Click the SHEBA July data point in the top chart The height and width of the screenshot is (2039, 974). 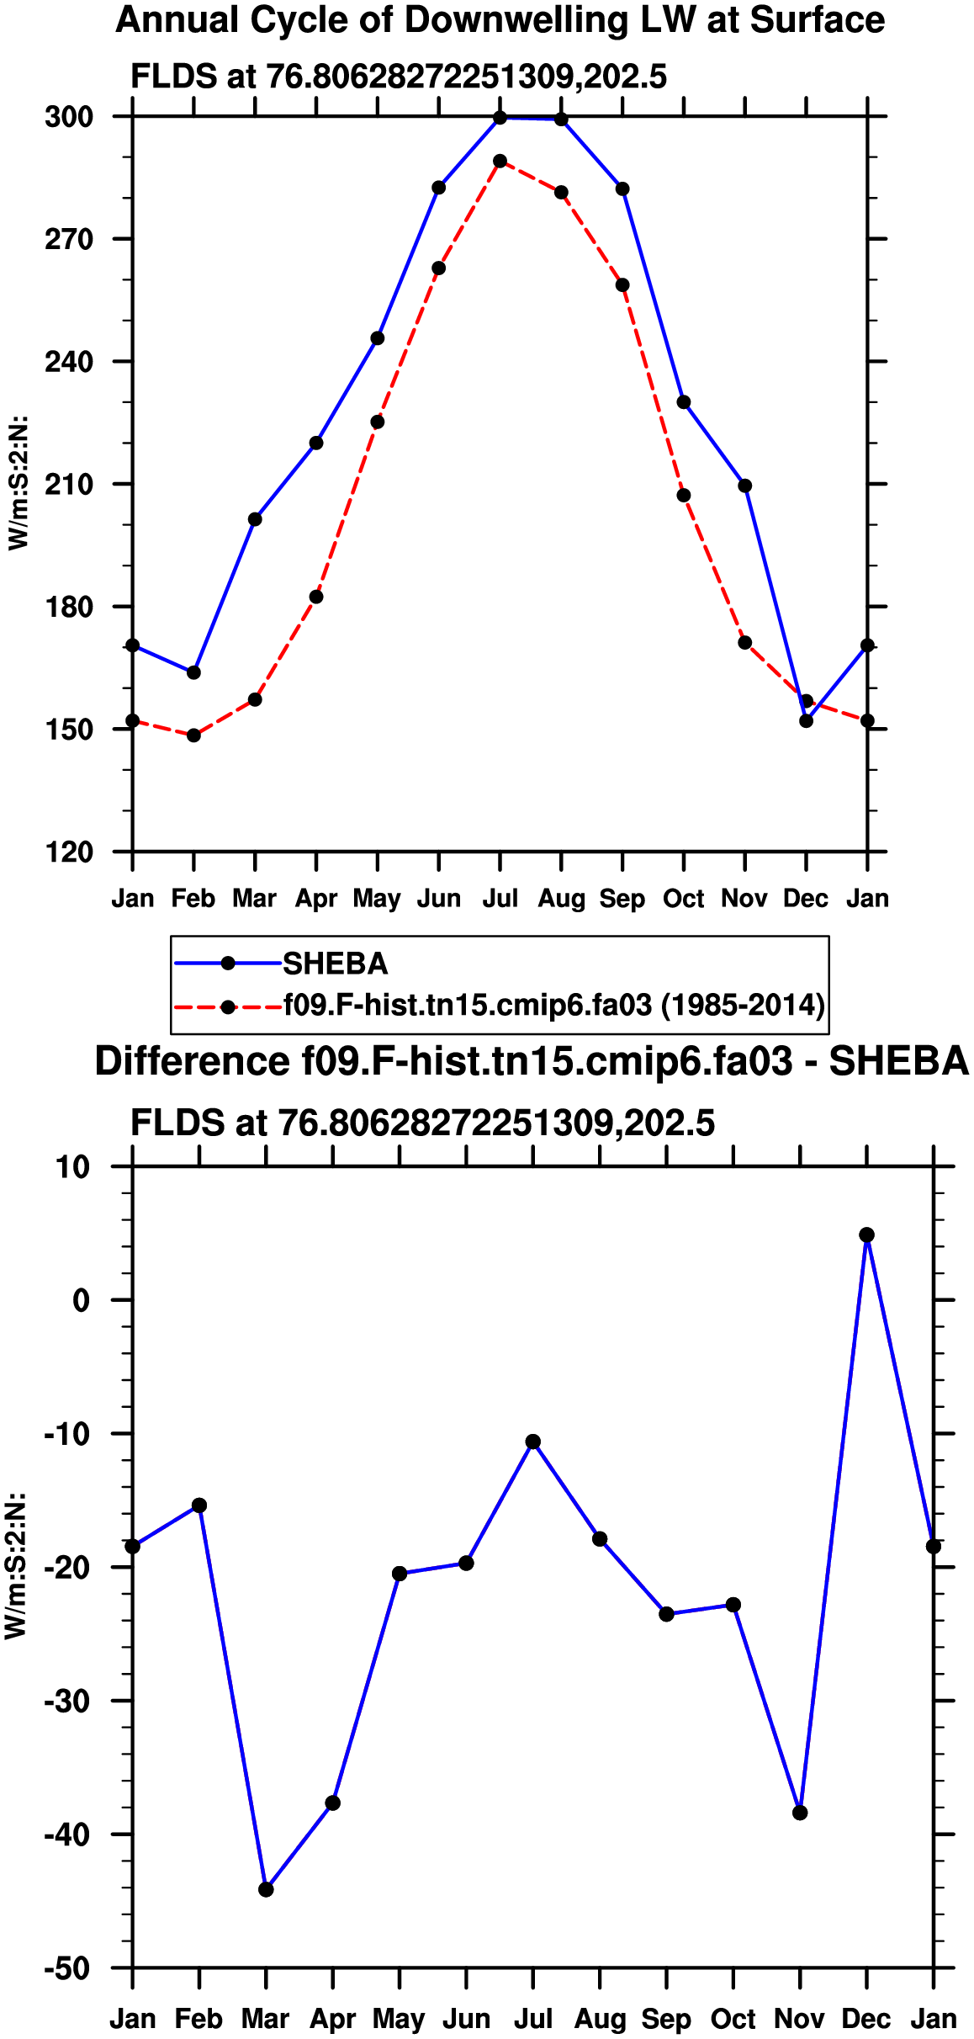click(x=500, y=118)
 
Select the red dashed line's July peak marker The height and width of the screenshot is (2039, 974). click(x=500, y=161)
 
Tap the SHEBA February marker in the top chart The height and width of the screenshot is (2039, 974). click(x=193, y=672)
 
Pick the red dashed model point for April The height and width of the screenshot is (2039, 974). click(x=316, y=597)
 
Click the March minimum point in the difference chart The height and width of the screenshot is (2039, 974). click(x=266, y=1889)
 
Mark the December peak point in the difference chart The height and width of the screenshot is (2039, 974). click(x=866, y=1235)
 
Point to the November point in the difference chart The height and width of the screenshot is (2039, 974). click(x=800, y=1813)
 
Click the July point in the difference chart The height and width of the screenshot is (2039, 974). click(x=532, y=1442)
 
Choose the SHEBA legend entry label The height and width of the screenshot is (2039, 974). click(x=335, y=964)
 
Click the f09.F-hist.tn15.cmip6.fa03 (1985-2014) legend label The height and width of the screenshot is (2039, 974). click(x=553, y=1005)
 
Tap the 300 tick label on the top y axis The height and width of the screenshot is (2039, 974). click(x=69, y=117)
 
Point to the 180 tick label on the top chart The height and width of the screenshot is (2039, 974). click(x=69, y=607)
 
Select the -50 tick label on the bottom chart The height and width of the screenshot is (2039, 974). click(x=66, y=1968)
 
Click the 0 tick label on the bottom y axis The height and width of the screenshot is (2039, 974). click(x=81, y=1301)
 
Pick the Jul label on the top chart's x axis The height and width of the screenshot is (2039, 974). click(x=500, y=899)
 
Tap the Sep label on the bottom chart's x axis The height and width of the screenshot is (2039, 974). click(x=666, y=2019)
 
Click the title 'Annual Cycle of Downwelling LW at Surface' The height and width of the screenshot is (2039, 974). click(x=500, y=20)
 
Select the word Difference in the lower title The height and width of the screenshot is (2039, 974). click(x=193, y=1061)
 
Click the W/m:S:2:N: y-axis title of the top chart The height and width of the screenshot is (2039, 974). click(x=19, y=483)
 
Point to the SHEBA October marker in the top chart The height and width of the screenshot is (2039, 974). click(x=684, y=402)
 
